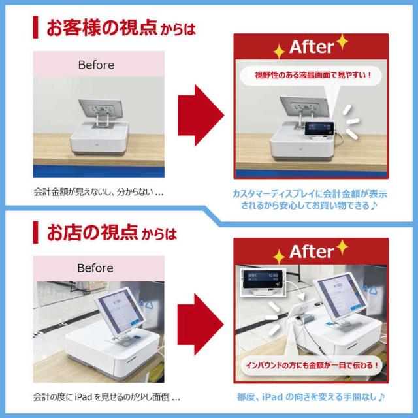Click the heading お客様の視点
coord(102,27)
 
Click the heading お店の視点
coord(92,233)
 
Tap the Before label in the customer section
coord(96,65)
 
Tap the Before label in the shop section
coord(95,268)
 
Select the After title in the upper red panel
coord(312,47)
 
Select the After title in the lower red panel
coord(312,251)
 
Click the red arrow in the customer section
coord(201,115)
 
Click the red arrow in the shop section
coord(201,325)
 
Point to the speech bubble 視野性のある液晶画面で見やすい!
coord(311,76)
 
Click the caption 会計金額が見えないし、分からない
coord(99,192)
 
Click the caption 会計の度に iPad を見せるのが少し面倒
coord(106,397)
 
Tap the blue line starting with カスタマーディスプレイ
coord(310,194)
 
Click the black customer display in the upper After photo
coord(319,129)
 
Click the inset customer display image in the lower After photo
coord(263,281)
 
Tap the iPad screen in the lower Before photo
coord(120,311)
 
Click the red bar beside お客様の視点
coord(35,27)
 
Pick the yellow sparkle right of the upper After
coord(342,42)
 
